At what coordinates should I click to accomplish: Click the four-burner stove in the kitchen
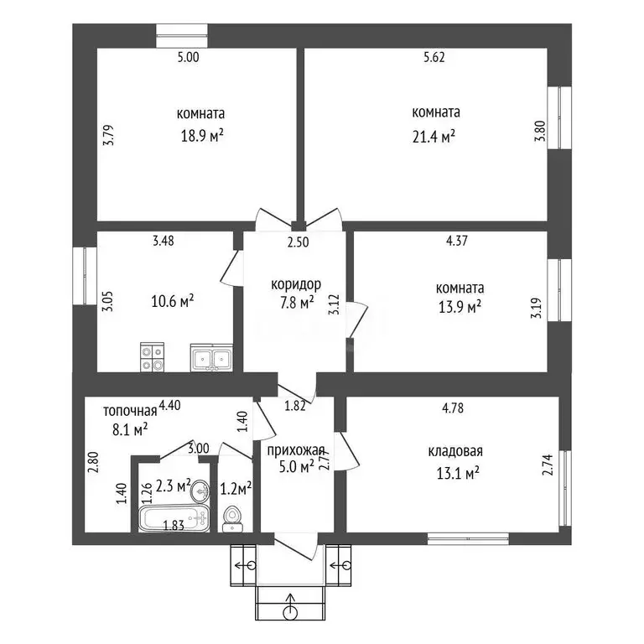152,357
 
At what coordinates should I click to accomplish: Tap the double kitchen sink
211,357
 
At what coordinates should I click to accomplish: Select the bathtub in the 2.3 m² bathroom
174,519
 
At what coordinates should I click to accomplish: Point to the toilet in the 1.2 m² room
232,519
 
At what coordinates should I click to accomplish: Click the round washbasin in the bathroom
200,491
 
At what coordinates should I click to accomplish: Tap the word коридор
296,283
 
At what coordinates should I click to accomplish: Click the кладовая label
455,451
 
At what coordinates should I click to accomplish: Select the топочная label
130,411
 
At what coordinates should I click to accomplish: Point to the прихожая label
296,450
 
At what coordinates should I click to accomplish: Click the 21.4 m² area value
434,137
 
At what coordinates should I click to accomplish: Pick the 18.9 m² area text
202,136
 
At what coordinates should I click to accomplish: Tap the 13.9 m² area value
460,307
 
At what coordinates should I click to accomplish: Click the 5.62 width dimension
434,57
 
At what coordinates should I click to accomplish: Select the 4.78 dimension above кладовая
453,408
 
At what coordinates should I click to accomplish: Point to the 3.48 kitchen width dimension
164,241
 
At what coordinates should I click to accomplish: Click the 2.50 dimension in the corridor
299,242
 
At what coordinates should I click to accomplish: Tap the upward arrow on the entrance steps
291,605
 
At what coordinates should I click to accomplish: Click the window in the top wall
182,36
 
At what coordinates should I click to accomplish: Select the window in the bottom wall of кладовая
468,539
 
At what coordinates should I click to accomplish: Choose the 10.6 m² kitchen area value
173,302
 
